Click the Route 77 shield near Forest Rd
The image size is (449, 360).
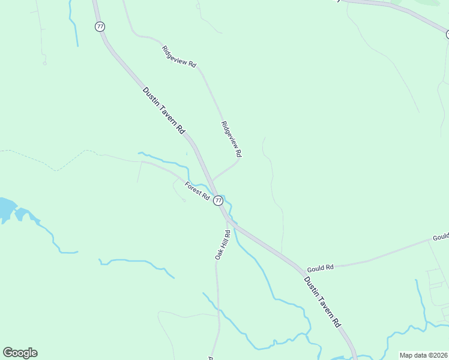(x=218, y=200)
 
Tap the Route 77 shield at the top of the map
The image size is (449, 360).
(x=100, y=26)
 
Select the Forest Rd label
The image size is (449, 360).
(x=197, y=191)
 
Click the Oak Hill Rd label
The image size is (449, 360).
(x=222, y=245)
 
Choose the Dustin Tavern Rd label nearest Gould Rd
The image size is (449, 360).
(x=322, y=301)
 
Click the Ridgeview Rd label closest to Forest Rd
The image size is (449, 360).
(x=231, y=140)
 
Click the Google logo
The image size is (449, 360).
(x=20, y=353)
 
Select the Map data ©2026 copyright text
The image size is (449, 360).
(x=424, y=355)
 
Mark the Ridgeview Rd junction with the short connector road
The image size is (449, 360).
(x=240, y=159)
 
